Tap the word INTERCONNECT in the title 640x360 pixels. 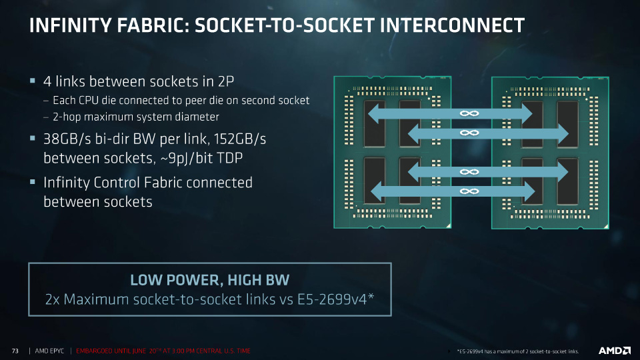pos(452,25)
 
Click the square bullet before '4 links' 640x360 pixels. pos(33,81)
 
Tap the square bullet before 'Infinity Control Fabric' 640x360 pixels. pos(33,181)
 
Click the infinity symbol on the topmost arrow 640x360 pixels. pos(469,113)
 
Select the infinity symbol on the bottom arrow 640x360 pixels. pos(469,191)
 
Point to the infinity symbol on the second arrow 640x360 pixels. pos(469,133)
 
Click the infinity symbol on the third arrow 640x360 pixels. pos(469,172)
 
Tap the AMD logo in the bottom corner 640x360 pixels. pos(614,351)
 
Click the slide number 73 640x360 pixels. pos(15,351)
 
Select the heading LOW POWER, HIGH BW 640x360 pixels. pos(210,281)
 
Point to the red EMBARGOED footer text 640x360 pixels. pos(163,351)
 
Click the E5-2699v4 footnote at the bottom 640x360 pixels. pos(518,351)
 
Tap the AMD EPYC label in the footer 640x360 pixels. pos(49,351)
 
